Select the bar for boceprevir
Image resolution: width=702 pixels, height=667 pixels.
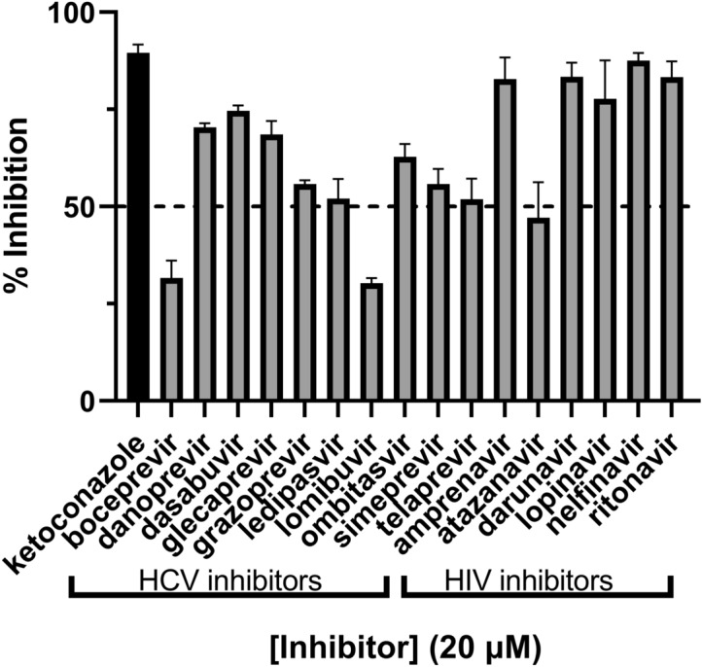click(x=171, y=339)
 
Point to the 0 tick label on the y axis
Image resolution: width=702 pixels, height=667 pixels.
click(x=86, y=401)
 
